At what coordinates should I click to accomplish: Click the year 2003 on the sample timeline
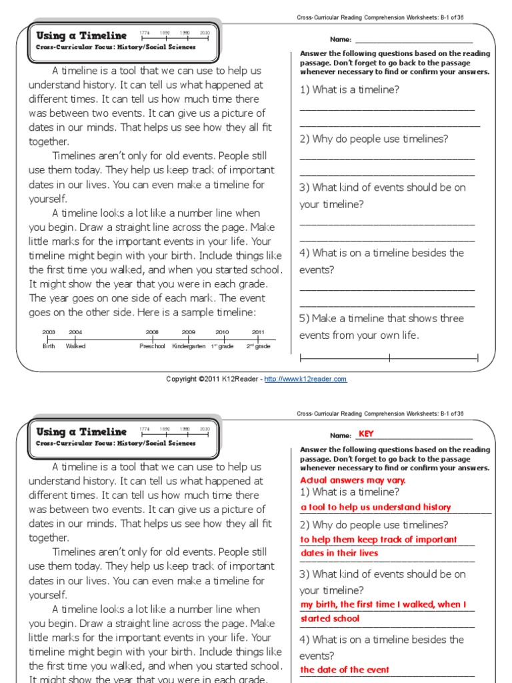tap(49, 331)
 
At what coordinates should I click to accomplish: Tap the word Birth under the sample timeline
tap(49, 346)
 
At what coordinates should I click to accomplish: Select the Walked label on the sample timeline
tap(75, 346)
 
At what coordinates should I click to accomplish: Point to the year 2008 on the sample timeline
tap(152, 331)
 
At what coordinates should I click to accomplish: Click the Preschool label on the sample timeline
tap(152, 346)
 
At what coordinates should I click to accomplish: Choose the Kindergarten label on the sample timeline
tap(189, 346)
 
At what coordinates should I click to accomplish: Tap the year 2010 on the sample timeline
tap(222, 331)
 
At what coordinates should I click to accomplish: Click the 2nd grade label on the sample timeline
tap(258, 346)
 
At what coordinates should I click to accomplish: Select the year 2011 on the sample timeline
tap(258, 331)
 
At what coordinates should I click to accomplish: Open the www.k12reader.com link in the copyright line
tap(305, 379)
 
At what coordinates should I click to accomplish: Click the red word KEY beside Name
tap(366, 434)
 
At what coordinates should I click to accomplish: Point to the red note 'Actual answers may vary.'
tap(353, 480)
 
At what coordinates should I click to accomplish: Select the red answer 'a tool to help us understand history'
tap(375, 507)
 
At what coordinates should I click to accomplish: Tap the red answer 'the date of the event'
tap(345, 670)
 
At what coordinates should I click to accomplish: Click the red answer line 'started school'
tap(329, 618)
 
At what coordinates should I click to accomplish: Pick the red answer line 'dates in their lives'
tap(339, 553)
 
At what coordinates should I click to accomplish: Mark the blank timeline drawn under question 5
tap(389, 358)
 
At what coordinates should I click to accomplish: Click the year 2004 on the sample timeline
tap(75, 331)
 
